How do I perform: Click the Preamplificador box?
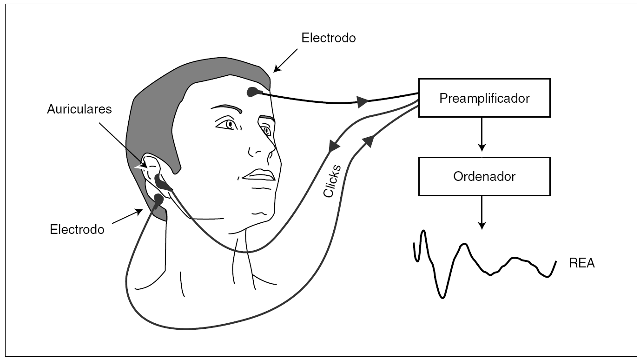point(484,98)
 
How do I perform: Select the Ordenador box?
point(484,176)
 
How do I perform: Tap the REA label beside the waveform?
point(581,264)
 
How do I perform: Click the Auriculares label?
point(79,109)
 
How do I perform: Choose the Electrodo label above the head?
point(329,38)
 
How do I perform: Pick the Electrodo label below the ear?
point(77,229)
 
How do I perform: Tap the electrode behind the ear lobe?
point(158,200)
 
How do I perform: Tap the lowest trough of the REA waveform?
point(442,296)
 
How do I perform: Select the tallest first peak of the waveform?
point(423,232)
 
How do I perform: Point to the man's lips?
point(258,175)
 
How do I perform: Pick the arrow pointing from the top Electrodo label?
point(284,61)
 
